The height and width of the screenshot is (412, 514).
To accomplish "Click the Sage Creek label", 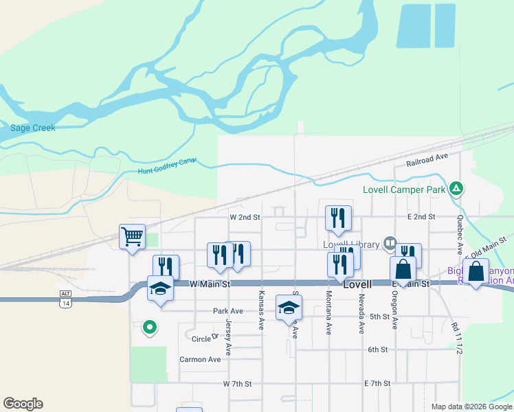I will click(x=32, y=128).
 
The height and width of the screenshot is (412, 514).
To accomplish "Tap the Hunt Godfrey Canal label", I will click(x=168, y=165).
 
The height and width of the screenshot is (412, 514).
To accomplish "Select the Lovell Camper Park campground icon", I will click(x=456, y=188).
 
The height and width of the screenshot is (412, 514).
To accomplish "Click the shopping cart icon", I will click(x=132, y=237).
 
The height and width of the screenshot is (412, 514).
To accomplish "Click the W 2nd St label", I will click(x=245, y=216).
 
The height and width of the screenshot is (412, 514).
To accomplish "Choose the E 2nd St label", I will click(x=421, y=216).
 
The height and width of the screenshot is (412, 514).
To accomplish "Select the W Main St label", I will click(x=210, y=283).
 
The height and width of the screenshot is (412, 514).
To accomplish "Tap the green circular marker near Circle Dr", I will click(x=149, y=328).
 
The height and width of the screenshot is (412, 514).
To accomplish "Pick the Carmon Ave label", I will click(x=200, y=359).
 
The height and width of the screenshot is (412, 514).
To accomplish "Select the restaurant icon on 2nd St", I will click(x=338, y=218).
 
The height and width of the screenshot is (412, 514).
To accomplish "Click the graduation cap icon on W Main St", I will click(x=160, y=288).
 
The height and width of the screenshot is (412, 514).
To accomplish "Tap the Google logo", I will click(x=23, y=404).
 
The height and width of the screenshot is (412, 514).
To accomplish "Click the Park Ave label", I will click(x=228, y=311).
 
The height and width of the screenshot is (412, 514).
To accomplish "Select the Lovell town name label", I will click(x=357, y=284).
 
